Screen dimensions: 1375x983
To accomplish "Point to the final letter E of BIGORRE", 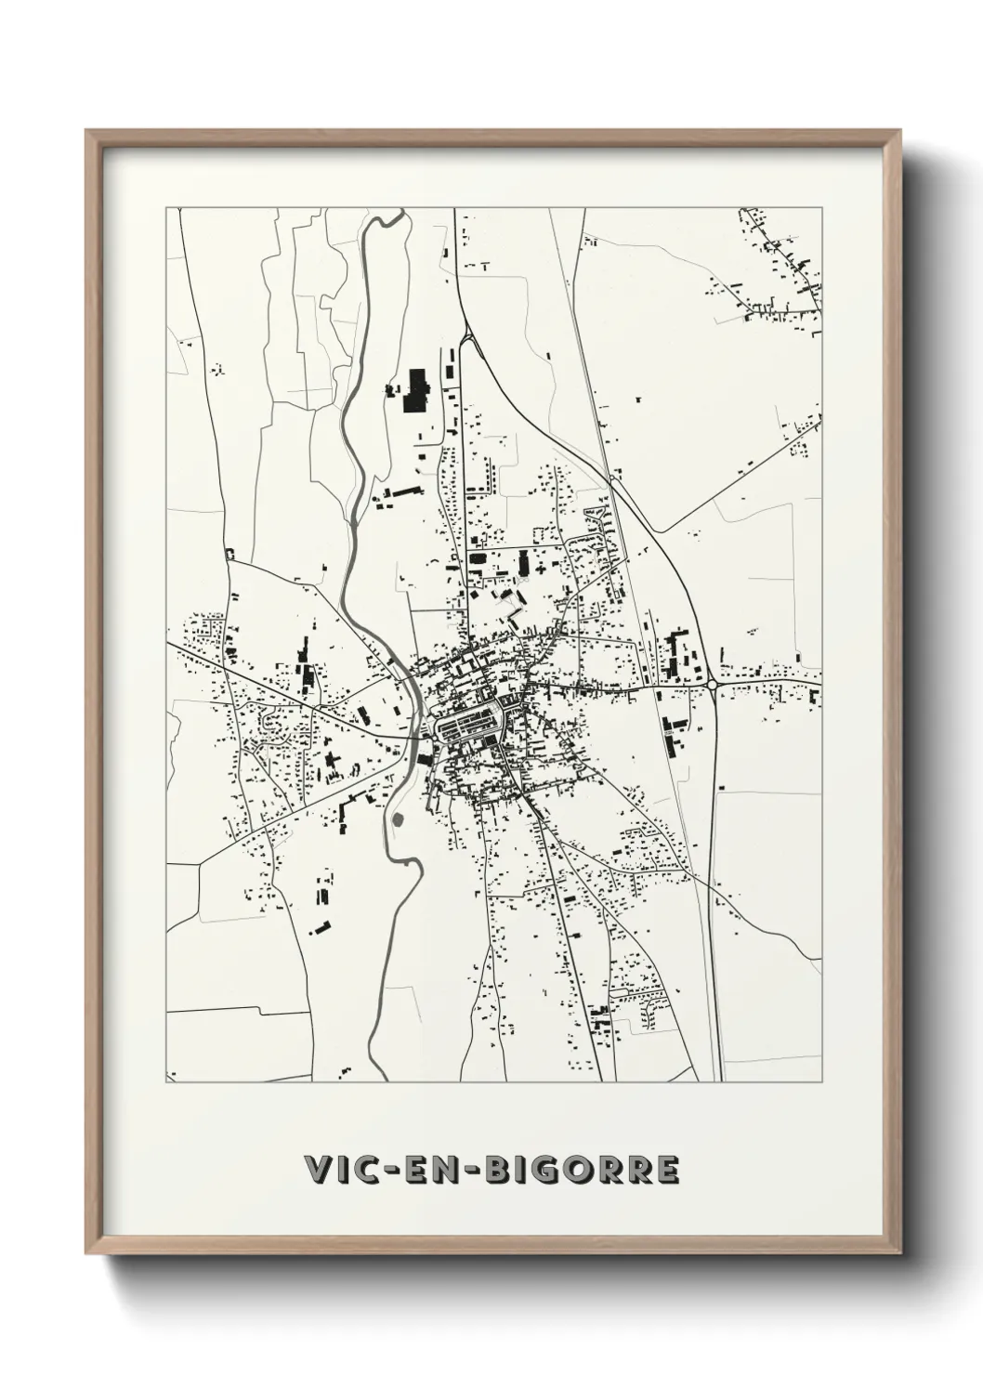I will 666,1170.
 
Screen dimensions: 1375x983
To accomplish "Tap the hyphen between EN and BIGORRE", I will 473,1171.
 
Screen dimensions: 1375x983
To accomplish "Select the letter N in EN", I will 447,1170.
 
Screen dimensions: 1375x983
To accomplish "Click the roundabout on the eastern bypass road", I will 713,685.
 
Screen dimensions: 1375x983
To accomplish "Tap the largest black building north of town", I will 414,389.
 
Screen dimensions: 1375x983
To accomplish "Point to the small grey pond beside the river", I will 399,819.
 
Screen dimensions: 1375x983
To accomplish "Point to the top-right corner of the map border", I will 821,208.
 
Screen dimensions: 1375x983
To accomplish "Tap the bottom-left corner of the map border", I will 166,1081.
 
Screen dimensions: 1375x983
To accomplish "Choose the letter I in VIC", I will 345,1170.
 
